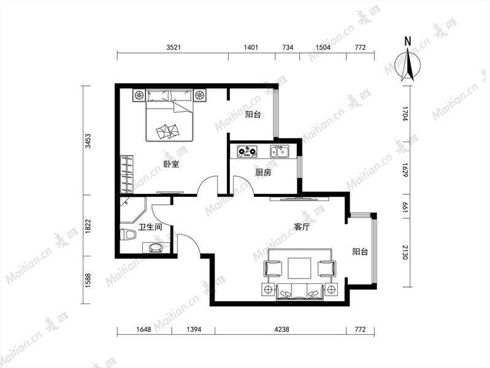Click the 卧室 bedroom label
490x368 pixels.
click(172, 164)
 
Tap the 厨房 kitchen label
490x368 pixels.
click(263, 172)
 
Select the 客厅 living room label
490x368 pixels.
click(302, 227)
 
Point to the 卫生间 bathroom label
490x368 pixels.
click(150, 227)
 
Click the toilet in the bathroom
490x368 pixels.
click(128, 235)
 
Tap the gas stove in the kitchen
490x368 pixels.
click(248, 151)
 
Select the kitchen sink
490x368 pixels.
click(280, 151)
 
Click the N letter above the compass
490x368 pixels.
click(407, 41)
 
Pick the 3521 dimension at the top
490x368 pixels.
click(174, 47)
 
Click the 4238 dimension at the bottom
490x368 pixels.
click(281, 329)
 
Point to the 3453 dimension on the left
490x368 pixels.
click(88, 141)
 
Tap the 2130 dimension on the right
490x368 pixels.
click(405, 252)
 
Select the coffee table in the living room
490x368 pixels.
click(299, 268)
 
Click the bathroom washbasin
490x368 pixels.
click(156, 247)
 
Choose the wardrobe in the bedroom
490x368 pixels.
click(127, 174)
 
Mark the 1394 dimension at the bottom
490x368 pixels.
click(194, 329)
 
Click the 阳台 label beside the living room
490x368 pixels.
click(361, 251)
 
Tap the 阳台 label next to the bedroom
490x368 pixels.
click(253, 115)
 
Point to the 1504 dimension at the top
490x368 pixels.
click(323, 47)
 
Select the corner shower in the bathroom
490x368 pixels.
click(132, 210)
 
